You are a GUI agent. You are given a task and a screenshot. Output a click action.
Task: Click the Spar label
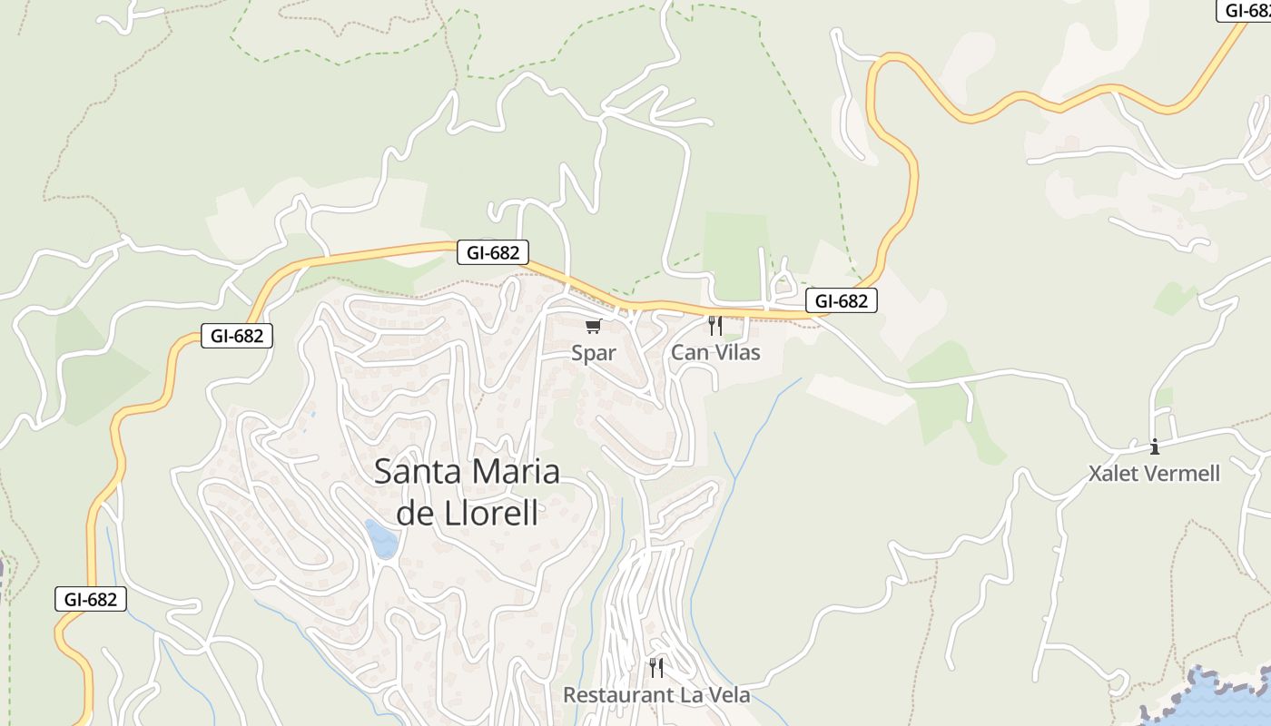pos(593,353)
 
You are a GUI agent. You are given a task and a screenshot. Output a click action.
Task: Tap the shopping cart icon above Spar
pos(593,326)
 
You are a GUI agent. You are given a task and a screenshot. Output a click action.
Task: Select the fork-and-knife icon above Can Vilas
pos(715,325)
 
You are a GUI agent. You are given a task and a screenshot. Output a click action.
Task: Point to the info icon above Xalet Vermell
pos(1155,446)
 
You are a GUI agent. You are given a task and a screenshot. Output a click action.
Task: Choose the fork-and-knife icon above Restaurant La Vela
pos(655,668)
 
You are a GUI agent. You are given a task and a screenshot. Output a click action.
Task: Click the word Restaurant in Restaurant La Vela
pos(613,695)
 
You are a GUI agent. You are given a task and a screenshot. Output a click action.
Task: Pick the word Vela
pos(727,695)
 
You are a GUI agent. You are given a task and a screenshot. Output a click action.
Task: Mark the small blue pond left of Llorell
pos(381,539)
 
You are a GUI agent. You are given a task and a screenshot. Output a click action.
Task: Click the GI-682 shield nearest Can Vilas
pos(841,301)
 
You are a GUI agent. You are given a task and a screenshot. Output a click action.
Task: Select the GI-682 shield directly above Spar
pos(493,252)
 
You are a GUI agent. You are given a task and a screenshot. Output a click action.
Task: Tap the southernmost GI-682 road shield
pos(90,599)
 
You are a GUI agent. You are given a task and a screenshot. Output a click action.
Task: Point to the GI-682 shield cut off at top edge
pos(1246,10)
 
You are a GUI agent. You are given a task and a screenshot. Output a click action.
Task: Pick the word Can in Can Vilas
pos(686,352)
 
